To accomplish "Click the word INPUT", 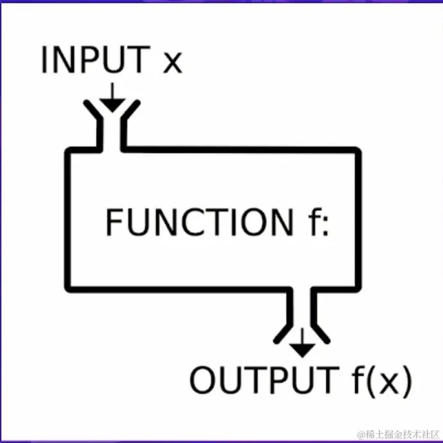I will pyautogui.click(x=95, y=60).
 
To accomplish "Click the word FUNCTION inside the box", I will pyautogui.click(x=199, y=223).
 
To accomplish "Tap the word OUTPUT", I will pyautogui.click(x=262, y=380).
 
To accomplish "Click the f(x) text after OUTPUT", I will pyautogui.click(x=380, y=380).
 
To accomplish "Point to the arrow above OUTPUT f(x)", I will pyautogui.click(x=302, y=345).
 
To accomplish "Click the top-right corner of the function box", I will pyautogui.click(x=357, y=152).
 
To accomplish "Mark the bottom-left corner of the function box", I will pyautogui.click(x=68, y=288).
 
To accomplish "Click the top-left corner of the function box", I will pyautogui.click(x=68, y=152).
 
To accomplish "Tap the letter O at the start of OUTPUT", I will pyautogui.click(x=204, y=380).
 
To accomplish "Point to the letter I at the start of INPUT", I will pyautogui.click(x=45, y=60).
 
